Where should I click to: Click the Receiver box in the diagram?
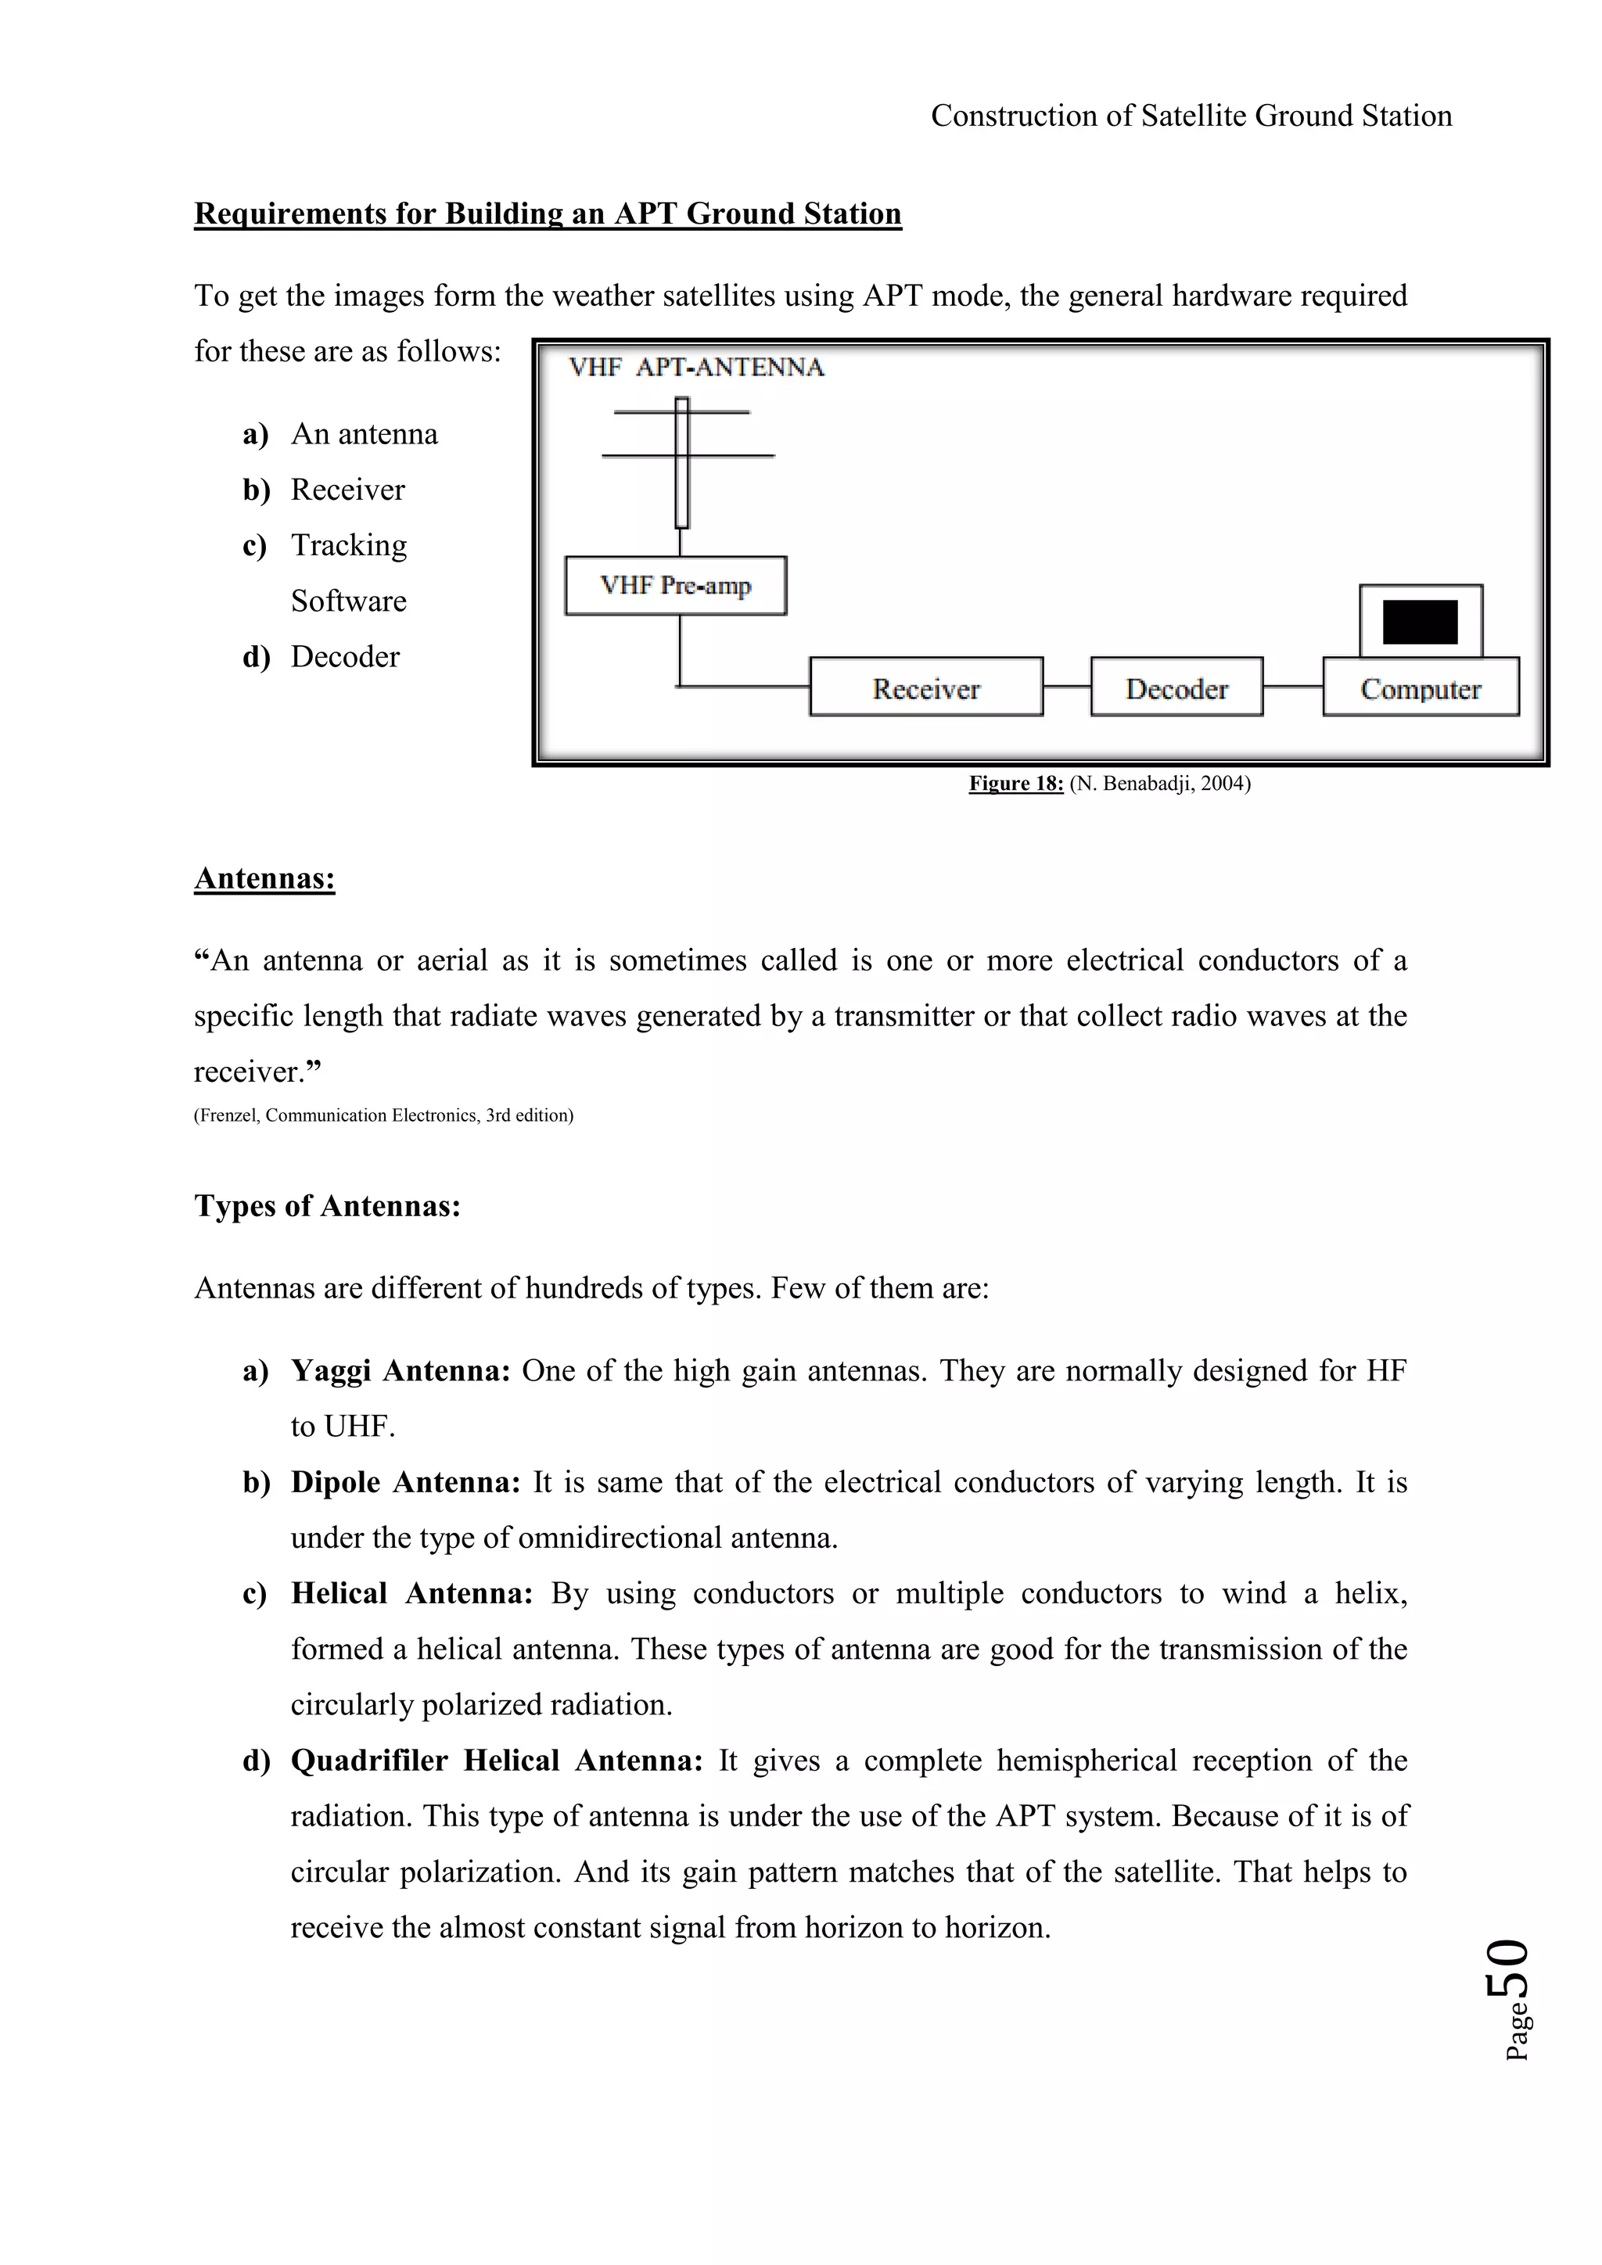(925, 687)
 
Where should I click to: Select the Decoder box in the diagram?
(1176, 687)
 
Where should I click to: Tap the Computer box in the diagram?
(1420, 687)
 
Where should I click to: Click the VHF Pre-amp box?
(676, 586)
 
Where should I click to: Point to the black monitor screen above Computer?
(1420, 622)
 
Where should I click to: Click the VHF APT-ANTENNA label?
(695, 368)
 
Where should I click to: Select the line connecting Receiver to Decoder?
(1066, 687)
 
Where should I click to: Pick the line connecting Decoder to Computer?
(1292, 687)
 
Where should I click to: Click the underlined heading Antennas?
(264, 878)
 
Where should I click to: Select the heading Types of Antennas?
(328, 1205)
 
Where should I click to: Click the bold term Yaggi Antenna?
(400, 1370)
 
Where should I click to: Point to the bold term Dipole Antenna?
(404, 1482)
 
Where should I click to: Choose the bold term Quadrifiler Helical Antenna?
(496, 1760)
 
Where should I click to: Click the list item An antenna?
(364, 434)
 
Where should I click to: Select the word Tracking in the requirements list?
(348, 546)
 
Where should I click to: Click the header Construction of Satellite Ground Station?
(1191, 117)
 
